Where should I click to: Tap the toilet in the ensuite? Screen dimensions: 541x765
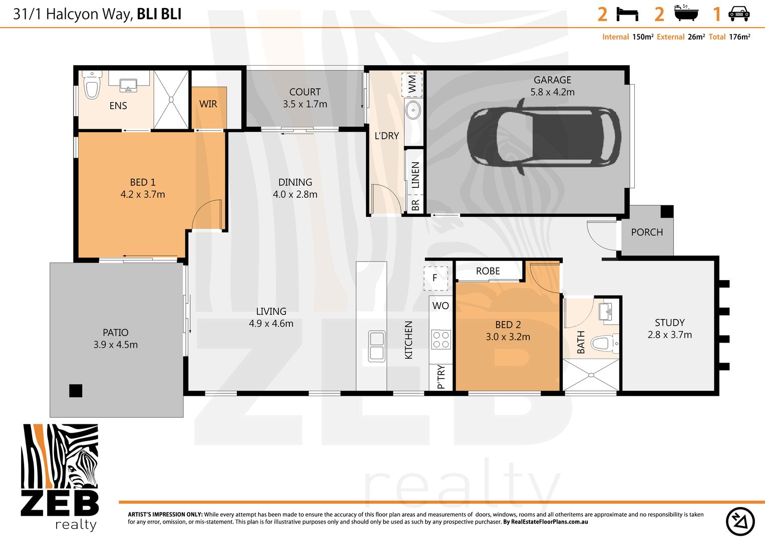point(92,86)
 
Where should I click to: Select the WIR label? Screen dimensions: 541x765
point(208,104)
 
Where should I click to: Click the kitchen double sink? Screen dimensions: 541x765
point(376,346)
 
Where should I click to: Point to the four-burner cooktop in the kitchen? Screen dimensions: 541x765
point(441,340)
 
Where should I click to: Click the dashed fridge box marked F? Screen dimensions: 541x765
point(435,278)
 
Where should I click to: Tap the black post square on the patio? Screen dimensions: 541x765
point(76,390)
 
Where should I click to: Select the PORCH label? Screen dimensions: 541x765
point(646,232)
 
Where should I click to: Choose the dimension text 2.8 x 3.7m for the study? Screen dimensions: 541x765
point(669,335)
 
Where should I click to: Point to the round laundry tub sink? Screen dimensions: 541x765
point(413,110)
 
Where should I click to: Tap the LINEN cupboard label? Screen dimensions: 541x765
point(415,174)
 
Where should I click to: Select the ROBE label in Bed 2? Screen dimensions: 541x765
point(488,271)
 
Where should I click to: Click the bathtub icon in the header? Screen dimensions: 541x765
point(686,14)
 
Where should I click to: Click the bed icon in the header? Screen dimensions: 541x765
point(627,14)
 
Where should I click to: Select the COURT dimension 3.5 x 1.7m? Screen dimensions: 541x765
point(305,104)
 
